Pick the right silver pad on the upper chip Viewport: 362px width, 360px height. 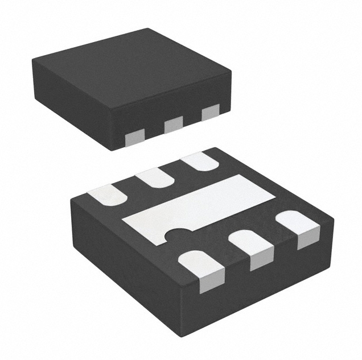[x=210, y=113]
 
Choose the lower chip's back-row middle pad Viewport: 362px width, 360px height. [x=155, y=179]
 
